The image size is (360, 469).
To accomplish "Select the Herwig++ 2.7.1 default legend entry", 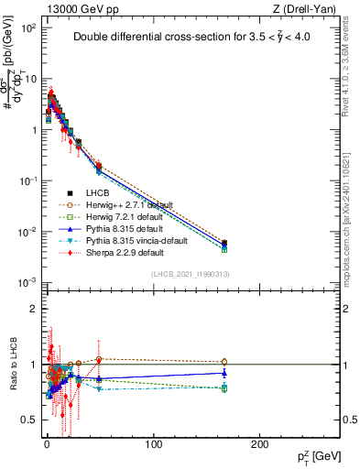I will tap(122, 204).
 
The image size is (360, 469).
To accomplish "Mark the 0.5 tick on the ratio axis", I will tap(31, 420).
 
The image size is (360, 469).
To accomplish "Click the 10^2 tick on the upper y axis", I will tap(28, 28).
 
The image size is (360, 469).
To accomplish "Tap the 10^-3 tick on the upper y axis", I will tap(28, 282).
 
